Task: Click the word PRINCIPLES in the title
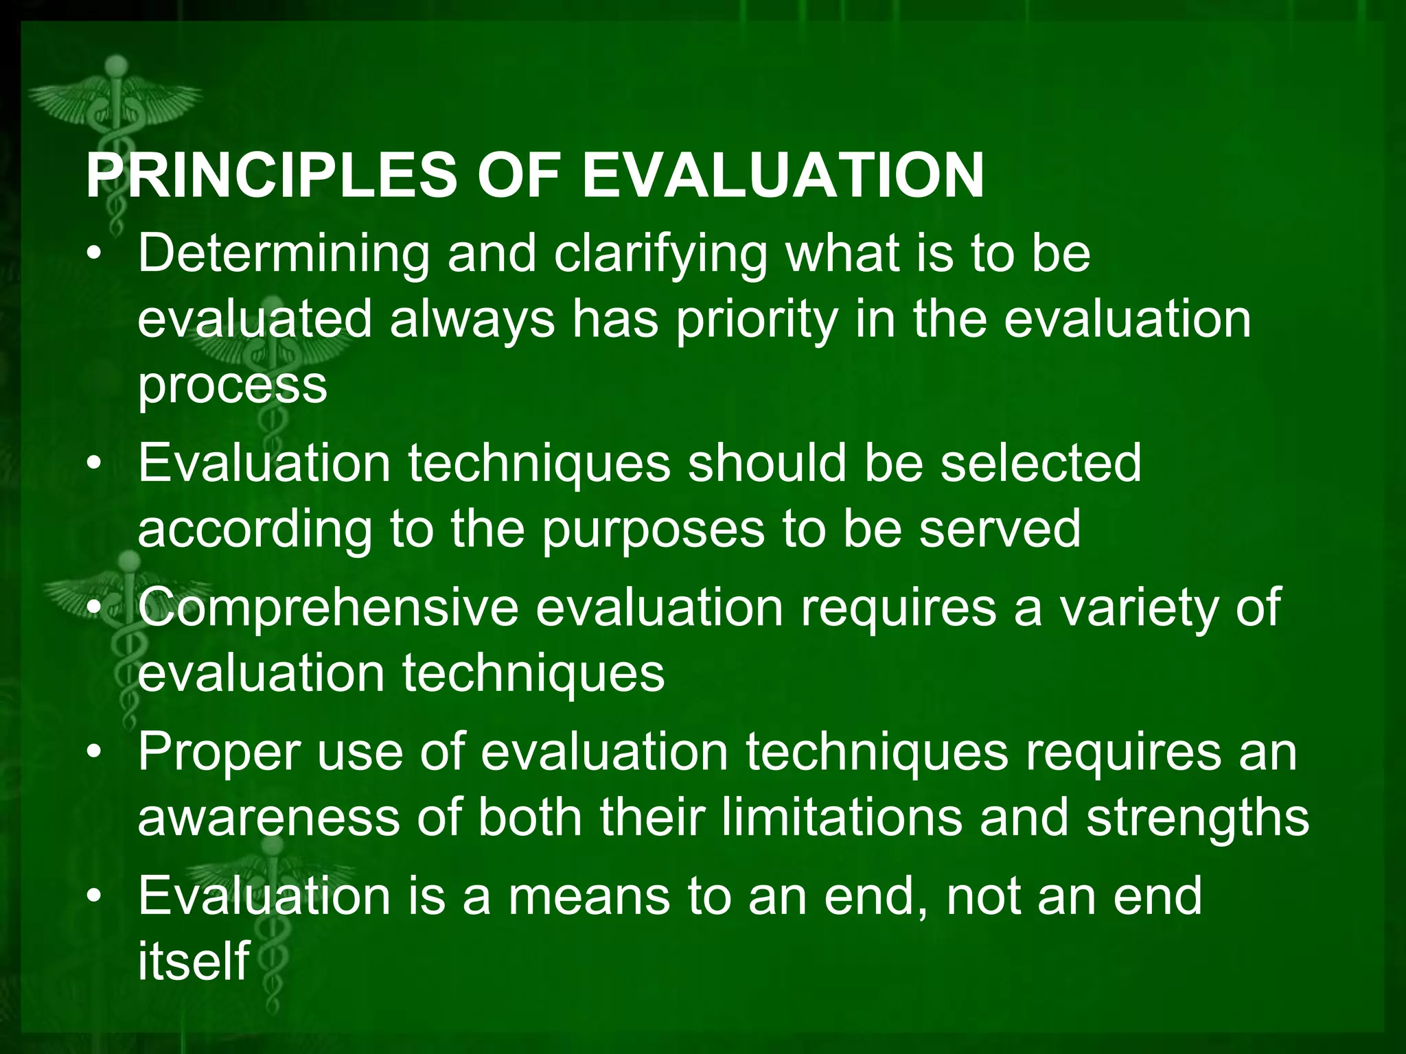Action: pyautogui.click(x=270, y=176)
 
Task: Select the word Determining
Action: pyautogui.click(x=284, y=255)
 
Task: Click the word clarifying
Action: pyautogui.click(x=660, y=255)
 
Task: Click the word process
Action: pyautogui.click(x=232, y=386)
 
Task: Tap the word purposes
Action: pyautogui.click(x=653, y=529)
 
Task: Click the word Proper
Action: pyautogui.click(x=218, y=752)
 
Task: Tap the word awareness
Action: pyautogui.click(x=268, y=818)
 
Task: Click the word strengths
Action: pyautogui.click(x=1197, y=818)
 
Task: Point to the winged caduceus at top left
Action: pyautogui.click(x=117, y=103)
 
